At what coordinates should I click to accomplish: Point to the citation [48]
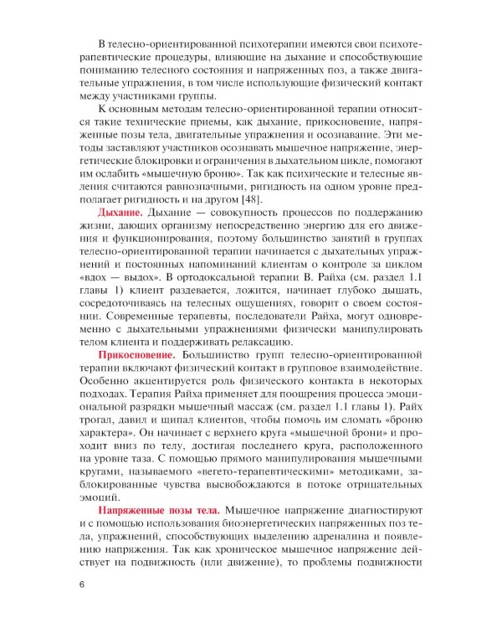[249, 199]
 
